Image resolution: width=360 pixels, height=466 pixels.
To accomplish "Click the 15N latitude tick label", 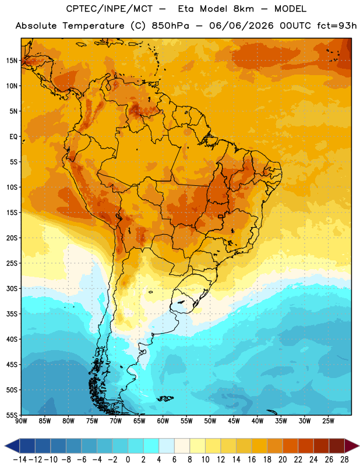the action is point(12,61).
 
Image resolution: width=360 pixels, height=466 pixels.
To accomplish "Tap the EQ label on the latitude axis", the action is point(13,137).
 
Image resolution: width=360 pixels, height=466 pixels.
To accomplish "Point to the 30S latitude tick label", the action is point(12,288).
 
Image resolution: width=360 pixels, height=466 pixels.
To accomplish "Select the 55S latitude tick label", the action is point(12,415).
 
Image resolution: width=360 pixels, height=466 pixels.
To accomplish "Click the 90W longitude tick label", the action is point(21,421).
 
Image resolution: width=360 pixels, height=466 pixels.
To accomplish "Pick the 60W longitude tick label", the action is point(163,421).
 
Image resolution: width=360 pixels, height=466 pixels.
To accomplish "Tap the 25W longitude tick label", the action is point(328,421).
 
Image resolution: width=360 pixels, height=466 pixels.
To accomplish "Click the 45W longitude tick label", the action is point(234,421).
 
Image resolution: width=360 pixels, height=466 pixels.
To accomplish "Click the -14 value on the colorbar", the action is point(20,460).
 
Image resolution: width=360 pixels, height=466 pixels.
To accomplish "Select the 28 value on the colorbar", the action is point(344,460).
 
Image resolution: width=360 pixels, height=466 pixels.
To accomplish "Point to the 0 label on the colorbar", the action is point(128,460).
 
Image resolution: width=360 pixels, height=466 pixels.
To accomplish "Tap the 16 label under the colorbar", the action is point(252,460).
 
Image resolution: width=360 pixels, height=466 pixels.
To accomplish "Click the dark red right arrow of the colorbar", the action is point(351,446).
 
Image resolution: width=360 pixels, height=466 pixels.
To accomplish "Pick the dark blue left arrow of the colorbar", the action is point(12,446).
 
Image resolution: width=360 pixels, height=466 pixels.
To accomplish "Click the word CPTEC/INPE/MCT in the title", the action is point(109,9).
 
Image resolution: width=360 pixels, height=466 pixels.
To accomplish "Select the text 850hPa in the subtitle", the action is point(170,26).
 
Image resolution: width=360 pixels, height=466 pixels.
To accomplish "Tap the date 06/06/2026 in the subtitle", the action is point(241,26).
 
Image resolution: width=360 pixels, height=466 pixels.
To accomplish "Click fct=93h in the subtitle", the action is point(337,26).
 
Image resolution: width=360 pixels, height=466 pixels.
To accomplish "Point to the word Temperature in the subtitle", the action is point(93,26).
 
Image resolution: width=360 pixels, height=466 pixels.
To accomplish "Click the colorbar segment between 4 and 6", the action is point(167,446).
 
